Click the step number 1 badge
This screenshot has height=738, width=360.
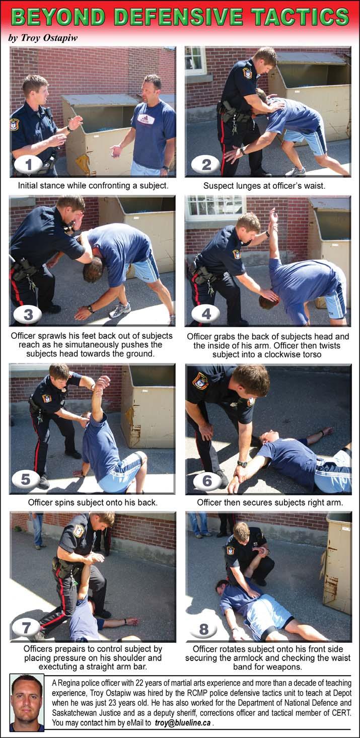pos(28,164)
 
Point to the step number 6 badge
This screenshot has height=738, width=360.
pos(207,481)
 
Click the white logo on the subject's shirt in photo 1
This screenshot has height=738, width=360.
pos(146,119)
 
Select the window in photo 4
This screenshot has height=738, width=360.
pos(215,208)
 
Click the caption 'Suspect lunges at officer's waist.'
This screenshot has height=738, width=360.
pos(264,186)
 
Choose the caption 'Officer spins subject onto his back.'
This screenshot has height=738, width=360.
pos(93,502)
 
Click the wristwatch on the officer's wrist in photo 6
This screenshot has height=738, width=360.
pos(242,464)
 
